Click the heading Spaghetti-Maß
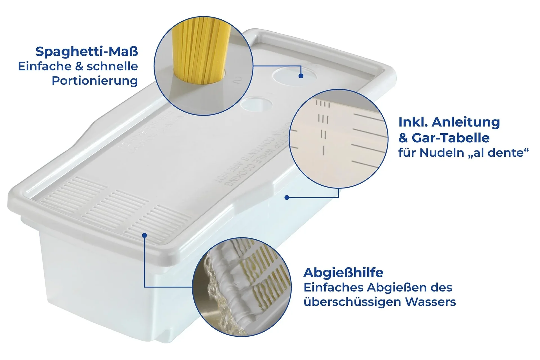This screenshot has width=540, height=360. click(87, 52)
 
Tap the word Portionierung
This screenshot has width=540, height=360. click(95, 81)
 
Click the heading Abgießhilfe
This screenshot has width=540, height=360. click(343, 273)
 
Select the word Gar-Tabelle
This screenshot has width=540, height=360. click(450, 138)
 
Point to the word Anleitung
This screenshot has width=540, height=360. click(466, 122)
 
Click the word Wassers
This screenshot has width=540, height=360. click(430, 302)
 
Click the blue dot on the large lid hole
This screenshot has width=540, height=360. click(301, 76)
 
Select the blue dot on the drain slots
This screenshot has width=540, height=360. click(144, 235)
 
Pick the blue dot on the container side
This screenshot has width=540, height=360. click(287, 197)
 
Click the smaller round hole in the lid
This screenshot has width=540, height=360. click(256, 104)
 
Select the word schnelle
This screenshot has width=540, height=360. click(112, 67)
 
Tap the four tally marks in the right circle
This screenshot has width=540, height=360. click(323, 104)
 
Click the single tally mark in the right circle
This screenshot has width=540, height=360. click(324, 150)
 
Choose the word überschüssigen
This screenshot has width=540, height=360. click(352, 302)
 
